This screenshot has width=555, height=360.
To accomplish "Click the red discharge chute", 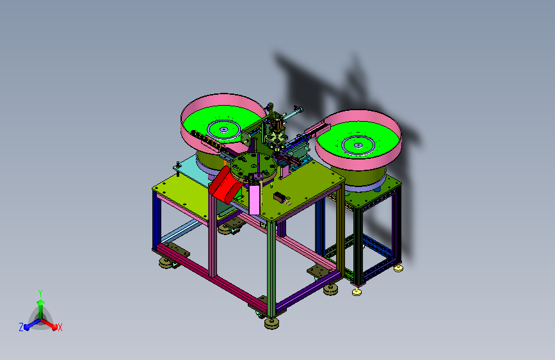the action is (x=223, y=186).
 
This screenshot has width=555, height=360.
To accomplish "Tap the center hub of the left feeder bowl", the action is (x=223, y=130).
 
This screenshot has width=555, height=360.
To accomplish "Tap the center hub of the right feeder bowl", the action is (x=358, y=145).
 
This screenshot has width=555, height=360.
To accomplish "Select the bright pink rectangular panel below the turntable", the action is (x=254, y=200).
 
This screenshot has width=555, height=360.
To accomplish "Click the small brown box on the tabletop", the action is (x=280, y=197).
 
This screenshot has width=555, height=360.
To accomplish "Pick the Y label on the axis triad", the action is (x=40, y=293).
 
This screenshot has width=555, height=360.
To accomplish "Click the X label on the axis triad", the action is (x=60, y=327).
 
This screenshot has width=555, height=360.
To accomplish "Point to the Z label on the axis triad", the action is (x=21, y=327).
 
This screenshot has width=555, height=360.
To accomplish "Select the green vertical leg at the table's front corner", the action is (x=271, y=268).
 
